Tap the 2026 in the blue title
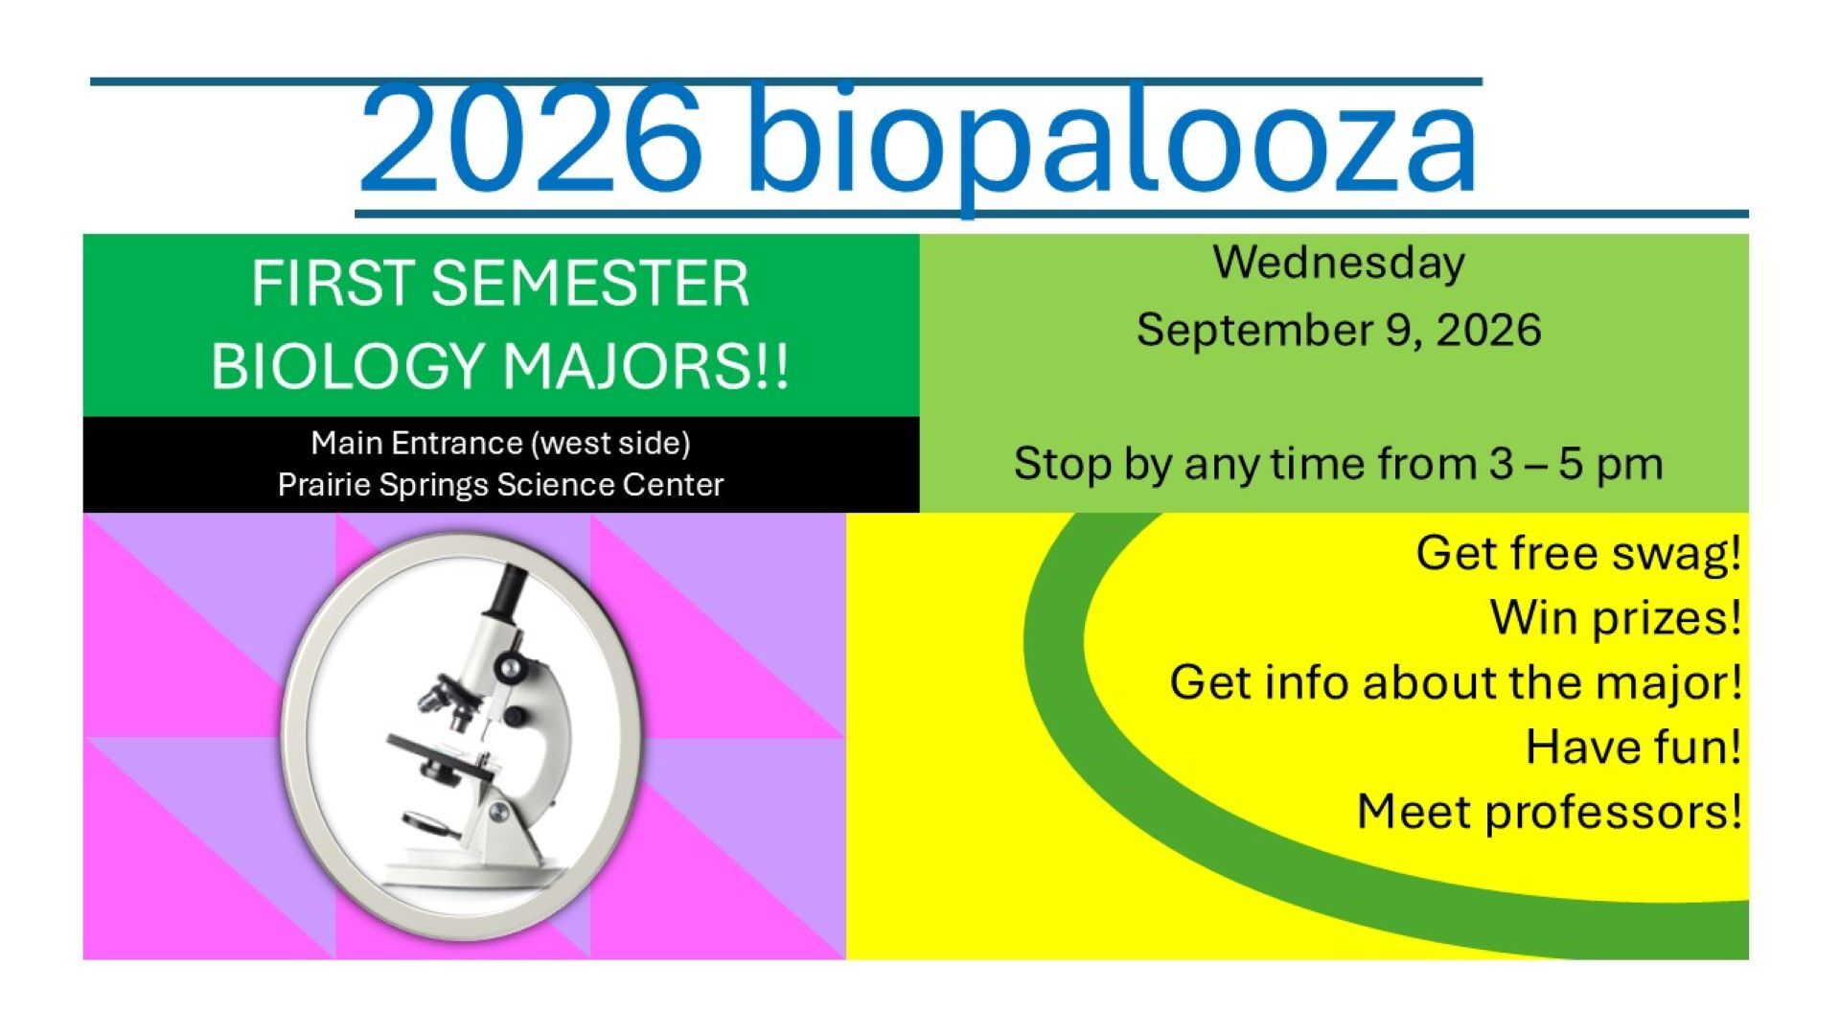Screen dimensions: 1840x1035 coord(530,140)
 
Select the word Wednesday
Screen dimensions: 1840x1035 coord(1339,263)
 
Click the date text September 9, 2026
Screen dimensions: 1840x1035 coord(1339,331)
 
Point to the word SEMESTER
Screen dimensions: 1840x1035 coord(589,284)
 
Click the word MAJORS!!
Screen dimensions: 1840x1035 coord(646,366)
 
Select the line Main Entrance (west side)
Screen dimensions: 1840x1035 coord(500,443)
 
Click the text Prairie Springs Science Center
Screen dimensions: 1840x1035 coord(500,485)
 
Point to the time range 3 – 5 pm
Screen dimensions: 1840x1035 coord(1575,465)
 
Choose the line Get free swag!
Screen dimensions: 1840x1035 coord(1578,554)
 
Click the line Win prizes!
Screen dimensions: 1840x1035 coord(1616,618)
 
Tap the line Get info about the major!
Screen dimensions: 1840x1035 coord(1455,683)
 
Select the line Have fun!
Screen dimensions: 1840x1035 coord(1633,747)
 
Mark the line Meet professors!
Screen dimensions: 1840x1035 coord(1549,813)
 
